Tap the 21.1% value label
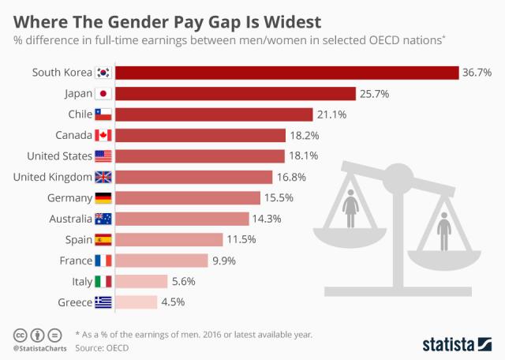tap(331, 114)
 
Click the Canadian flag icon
tap(103, 135)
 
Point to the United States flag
tap(103, 156)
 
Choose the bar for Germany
tap(189, 197)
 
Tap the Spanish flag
tap(103, 239)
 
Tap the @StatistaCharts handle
tap(38, 347)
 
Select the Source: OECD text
tap(102, 347)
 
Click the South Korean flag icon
tap(103, 73)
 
